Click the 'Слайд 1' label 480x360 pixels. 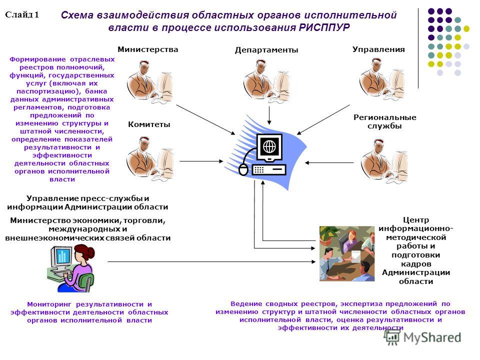point(22,14)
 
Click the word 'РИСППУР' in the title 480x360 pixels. point(324,27)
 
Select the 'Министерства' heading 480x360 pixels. point(148,49)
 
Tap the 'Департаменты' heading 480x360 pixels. point(266,50)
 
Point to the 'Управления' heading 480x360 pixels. point(378,49)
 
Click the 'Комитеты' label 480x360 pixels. point(149,124)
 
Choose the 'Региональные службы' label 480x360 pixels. point(385,121)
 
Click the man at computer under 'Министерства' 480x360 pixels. point(149,81)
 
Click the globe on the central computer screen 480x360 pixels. point(269,147)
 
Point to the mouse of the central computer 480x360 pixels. point(243,170)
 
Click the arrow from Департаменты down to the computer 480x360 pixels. point(269,115)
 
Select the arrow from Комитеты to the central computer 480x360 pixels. point(201,161)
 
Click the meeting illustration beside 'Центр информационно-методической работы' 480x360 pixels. point(347,253)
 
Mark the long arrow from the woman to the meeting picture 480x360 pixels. point(211,261)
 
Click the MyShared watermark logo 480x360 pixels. point(423,337)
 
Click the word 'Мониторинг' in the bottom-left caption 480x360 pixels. point(49,304)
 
